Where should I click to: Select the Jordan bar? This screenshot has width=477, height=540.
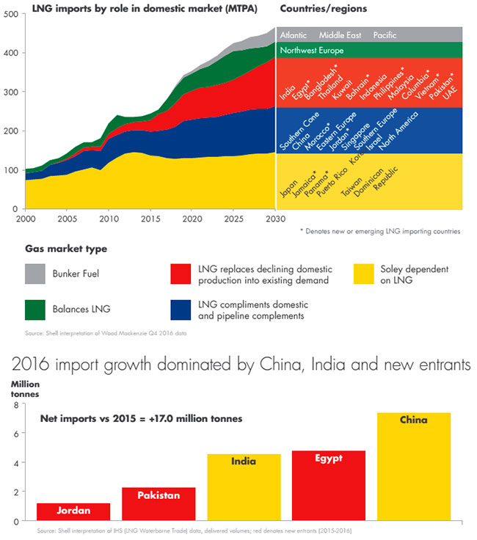[62, 511]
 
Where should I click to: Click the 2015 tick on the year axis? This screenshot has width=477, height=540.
[150, 219]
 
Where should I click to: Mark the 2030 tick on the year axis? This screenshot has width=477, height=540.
[274, 219]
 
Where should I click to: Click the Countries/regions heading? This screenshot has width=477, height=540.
[324, 8]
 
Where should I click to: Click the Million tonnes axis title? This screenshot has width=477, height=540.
[25, 388]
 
